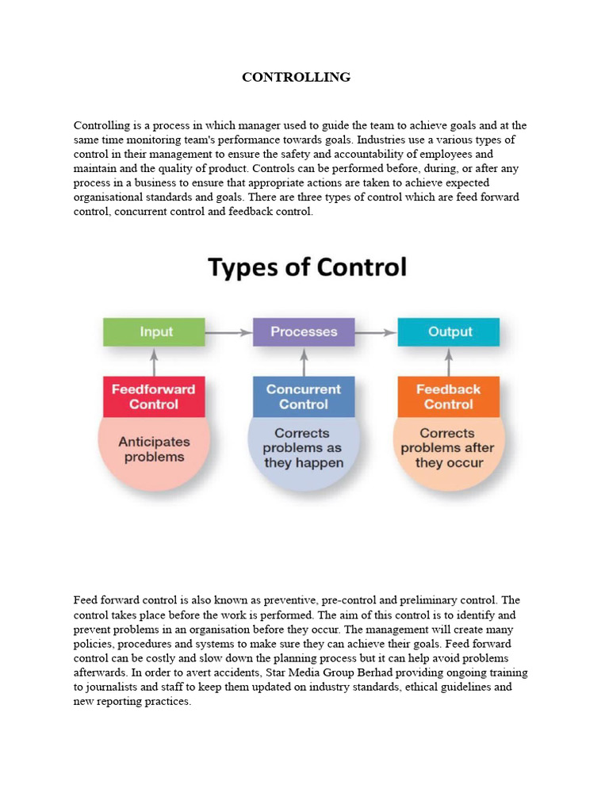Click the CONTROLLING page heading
coord(296,77)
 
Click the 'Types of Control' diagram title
coord(307,266)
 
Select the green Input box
coord(155,331)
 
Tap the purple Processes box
coord(304,331)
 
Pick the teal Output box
coord(450,331)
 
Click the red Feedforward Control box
coord(154,396)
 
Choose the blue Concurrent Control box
coord(304,396)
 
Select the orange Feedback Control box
coord(449,396)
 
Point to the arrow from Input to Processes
coord(228,332)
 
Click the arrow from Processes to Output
coord(376,332)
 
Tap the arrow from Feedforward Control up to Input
coord(155,362)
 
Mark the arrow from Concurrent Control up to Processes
coord(304,362)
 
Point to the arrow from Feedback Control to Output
coord(449,362)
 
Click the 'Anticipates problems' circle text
coord(154,450)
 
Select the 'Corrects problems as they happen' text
coord(304,448)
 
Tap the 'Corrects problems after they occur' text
coord(449,448)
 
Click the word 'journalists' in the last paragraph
coord(113,687)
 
